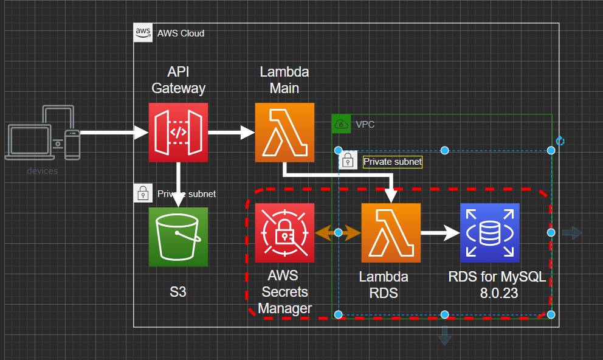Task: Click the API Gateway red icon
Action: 178,133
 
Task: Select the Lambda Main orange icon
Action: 284,133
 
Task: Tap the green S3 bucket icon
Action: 178,237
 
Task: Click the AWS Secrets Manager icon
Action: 284,233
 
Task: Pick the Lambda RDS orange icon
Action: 391,233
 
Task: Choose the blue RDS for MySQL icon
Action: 489,233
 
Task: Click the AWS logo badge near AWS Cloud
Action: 143,32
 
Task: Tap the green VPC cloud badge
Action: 342,124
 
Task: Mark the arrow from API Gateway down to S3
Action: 178,185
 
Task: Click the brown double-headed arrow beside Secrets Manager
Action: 338,233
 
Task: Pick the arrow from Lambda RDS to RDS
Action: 439,232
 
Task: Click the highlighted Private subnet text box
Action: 392,162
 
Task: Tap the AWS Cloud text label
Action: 181,33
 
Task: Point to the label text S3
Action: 178,292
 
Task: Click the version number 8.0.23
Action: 497,292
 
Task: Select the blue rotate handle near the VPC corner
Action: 560,141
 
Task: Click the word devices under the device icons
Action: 43,171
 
